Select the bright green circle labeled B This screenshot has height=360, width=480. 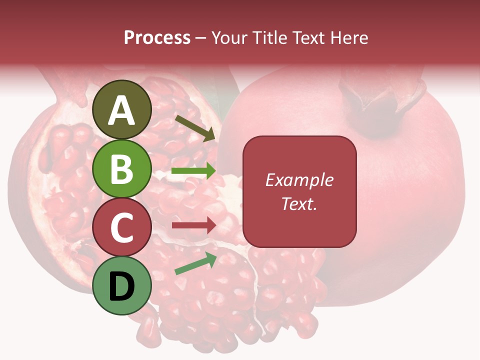pyautogui.click(x=122, y=169)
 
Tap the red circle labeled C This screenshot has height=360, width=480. pyautogui.click(x=122, y=227)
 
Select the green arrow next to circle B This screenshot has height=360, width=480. pyautogui.click(x=193, y=171)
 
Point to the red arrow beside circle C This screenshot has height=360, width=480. pyautogui.click(x=193, y=225)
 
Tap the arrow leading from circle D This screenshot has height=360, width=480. pyautogui.click(x=195, y=263)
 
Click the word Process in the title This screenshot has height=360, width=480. pyautogui.click(x=157, y=38)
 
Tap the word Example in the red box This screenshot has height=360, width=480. pyautogui.click(x=299, y=180)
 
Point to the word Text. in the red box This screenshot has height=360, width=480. pyautogui.click(x=299, y=203)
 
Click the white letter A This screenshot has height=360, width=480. pyautogui.click(x=122, y=110)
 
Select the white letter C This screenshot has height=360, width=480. pyautogui.click(x=122, y=227)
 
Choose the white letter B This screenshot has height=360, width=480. pyautogui.click(x=122, y=169)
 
